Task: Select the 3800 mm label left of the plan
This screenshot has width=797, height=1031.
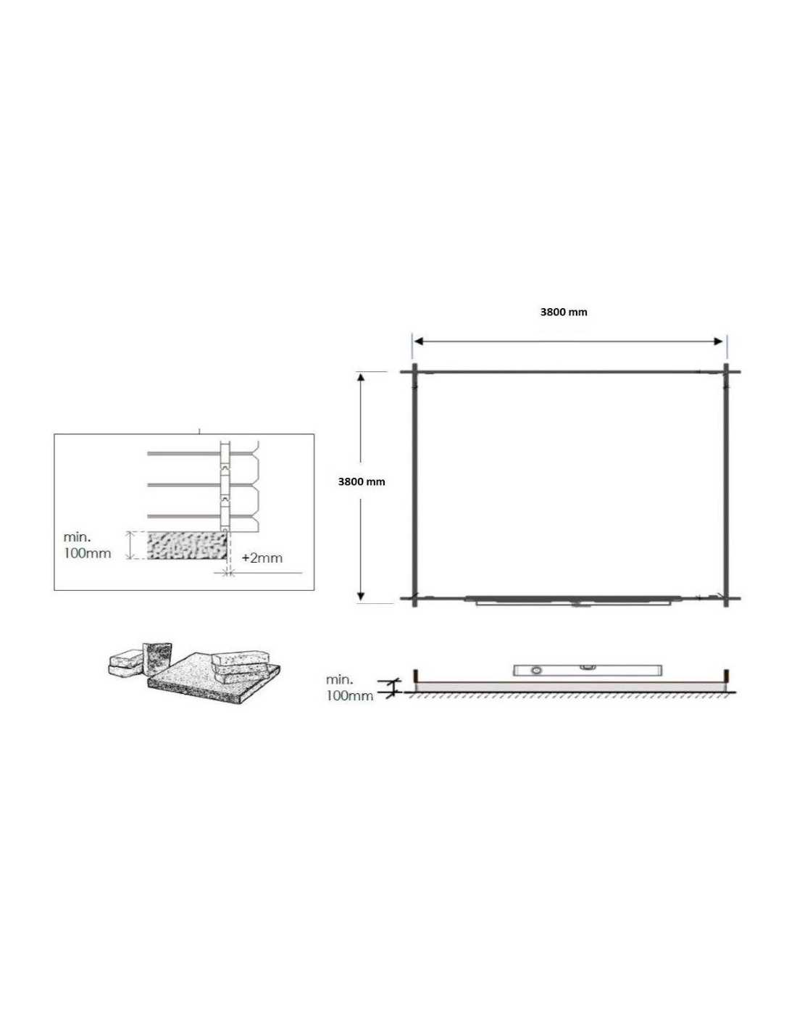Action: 362,481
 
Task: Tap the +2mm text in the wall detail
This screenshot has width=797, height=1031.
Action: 262,558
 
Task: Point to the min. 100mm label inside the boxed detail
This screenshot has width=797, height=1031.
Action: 87,545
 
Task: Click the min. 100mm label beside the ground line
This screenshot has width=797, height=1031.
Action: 349,687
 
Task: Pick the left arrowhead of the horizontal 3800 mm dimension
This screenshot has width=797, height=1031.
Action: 419,341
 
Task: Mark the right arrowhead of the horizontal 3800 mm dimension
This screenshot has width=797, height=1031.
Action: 718,341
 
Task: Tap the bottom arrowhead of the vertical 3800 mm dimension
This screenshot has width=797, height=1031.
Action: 361,597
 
